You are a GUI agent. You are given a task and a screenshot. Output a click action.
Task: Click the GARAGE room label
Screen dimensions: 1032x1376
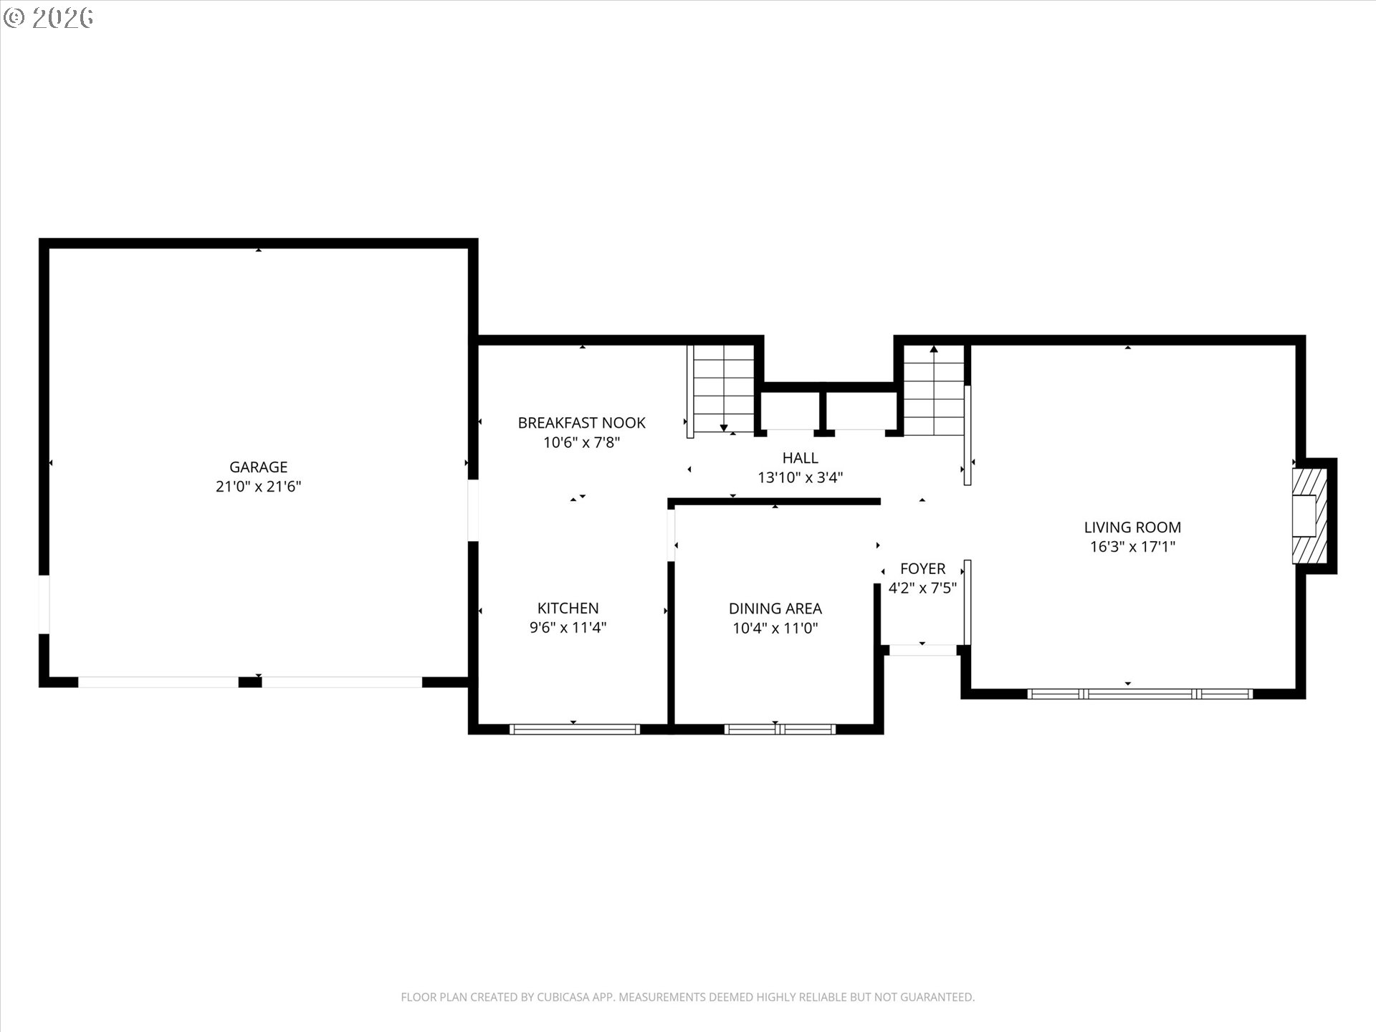pos(258,467)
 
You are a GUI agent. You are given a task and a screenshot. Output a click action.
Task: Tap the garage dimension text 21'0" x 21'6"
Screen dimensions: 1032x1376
pos(258,487)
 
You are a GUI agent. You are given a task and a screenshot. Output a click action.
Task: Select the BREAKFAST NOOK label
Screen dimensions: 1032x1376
pos(581,423)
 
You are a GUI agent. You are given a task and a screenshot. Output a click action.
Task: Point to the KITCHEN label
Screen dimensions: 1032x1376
pos(568,608)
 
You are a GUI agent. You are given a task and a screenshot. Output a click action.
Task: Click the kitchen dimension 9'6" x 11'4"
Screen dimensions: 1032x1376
pos(568,628)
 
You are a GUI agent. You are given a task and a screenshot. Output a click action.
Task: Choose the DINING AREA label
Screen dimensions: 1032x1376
pos(775,608)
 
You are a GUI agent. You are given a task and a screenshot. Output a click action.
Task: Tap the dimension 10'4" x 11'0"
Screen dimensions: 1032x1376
pos(775,629)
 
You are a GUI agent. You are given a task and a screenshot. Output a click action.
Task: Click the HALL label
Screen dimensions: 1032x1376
pos(800,457)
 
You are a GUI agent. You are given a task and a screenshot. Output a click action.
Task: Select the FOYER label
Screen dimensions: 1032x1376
pos(922,568)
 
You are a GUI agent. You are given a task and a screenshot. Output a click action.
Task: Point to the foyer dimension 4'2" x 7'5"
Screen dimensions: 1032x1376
pos(922,588)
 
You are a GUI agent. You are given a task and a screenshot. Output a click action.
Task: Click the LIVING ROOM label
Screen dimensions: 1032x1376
pos(1132,527)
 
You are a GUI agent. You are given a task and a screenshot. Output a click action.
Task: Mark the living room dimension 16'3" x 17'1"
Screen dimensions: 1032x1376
pos(1132,547)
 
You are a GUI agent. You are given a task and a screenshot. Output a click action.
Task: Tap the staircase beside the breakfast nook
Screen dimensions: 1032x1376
pos(722,388)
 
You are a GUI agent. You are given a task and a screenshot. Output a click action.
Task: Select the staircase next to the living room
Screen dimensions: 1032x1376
pos(933,390)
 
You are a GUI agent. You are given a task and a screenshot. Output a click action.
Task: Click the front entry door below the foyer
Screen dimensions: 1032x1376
pos(922,650)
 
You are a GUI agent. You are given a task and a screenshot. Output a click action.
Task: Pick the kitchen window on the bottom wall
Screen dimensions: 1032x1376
pos(574,730)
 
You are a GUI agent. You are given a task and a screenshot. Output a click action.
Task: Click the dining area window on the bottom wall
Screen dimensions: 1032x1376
pos(779,730)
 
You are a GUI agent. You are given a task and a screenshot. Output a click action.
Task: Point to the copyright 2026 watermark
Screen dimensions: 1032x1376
pos(49,17)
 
